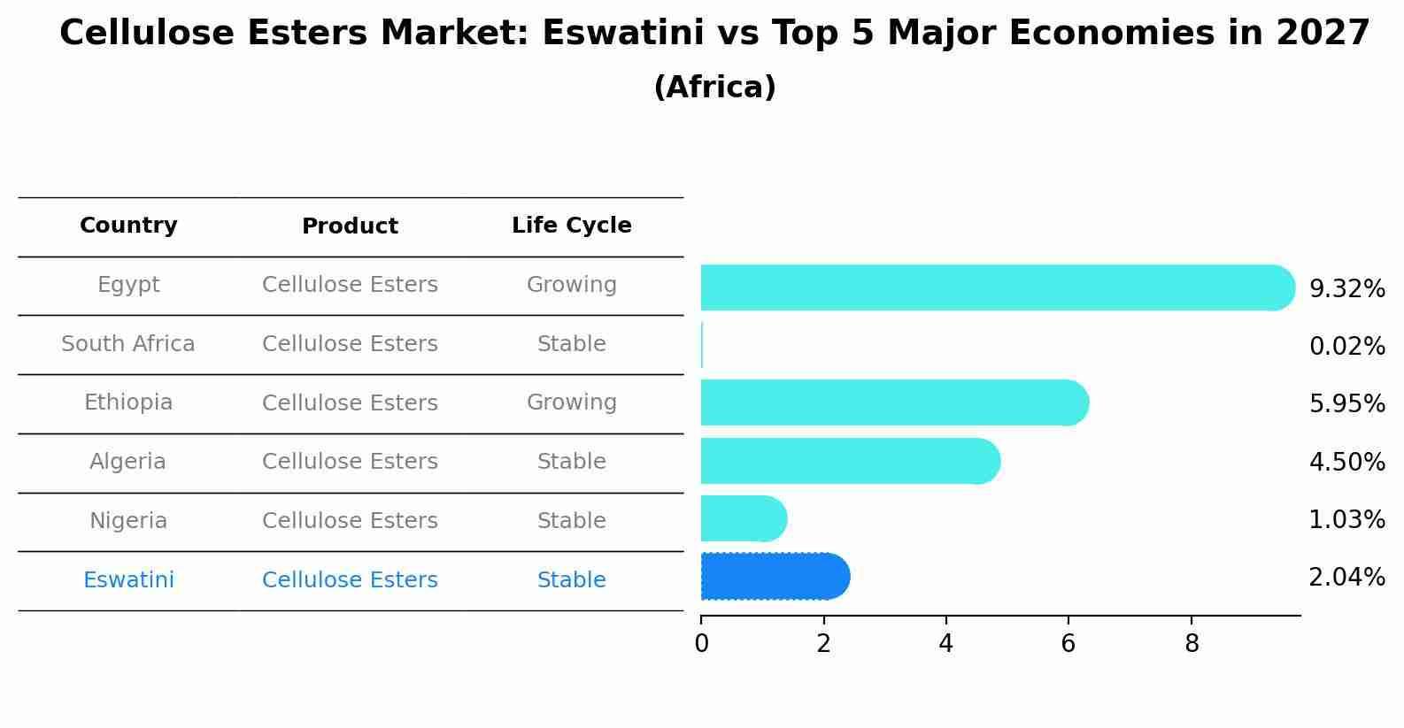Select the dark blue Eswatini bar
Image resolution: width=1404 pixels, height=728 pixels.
coord(775,577)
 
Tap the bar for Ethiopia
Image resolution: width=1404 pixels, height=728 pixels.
coord(894,402)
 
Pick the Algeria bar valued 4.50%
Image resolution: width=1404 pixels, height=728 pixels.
coord(850,461)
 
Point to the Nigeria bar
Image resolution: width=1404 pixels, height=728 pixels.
coord(744,518)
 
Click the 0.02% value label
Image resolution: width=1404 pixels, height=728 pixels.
coord(1346,347)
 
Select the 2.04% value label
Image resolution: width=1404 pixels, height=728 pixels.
coord(1346,578)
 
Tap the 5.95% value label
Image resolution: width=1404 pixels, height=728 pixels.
coord(1346,404)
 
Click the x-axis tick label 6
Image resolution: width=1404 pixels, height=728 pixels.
coord(1068,644)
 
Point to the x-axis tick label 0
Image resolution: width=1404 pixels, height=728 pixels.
coord(702,644)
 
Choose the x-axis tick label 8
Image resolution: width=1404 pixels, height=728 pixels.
coord(1192,644)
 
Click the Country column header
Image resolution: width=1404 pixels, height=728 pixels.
coord(128,226)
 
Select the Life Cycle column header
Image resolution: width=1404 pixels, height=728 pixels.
coord(572,226)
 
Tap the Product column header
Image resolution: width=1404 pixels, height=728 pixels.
coord(350,226)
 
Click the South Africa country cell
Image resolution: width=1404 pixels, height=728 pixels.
coord(128,344)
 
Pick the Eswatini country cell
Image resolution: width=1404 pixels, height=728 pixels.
coord(128,580)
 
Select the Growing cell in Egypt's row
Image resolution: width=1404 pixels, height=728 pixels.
coord(572,285)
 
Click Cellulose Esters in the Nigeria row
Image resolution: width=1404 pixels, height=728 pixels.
coord(350,521)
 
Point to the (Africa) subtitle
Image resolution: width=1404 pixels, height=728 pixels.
coord(714,88)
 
